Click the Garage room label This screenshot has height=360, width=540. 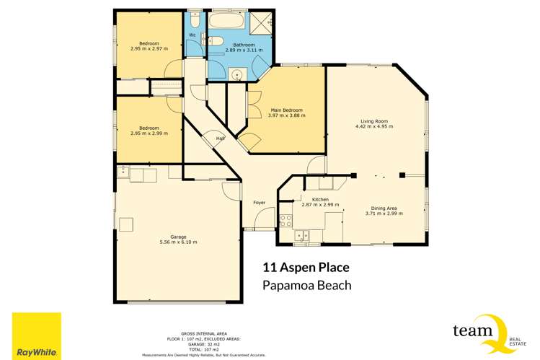tap(178, 237)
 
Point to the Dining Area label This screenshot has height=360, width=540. tap(381, 208)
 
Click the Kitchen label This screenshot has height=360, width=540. tap(320, 199)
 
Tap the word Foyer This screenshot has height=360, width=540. tap(260, 202)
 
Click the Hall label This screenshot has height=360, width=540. tap(221, 139)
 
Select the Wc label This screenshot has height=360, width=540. tap(192, 35)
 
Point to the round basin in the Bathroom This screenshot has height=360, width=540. tap(236, 74)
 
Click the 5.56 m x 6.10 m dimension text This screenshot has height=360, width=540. tap(178, 242)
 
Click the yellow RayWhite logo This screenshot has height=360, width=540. tap(37, 335)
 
